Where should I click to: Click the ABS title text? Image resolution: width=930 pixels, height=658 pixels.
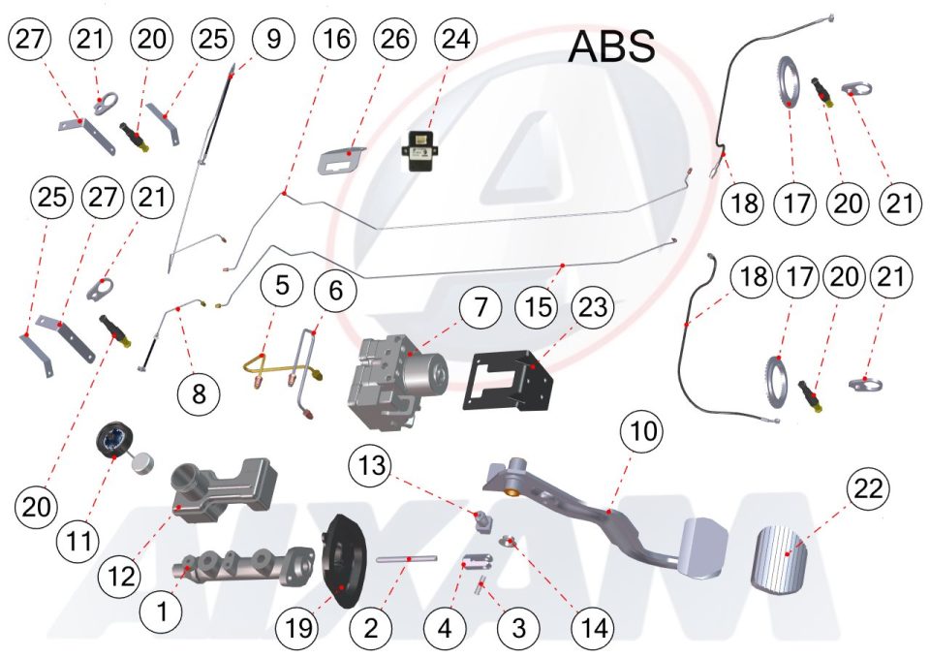611,47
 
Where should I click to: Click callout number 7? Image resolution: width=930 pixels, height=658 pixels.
480,307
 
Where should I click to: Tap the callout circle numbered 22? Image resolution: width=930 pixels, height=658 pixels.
868,489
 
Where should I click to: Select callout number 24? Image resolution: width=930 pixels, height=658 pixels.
455,40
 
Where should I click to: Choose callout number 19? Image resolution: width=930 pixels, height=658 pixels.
298,628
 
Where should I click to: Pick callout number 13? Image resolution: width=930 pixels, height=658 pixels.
372,465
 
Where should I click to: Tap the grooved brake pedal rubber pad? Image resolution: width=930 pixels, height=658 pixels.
780,558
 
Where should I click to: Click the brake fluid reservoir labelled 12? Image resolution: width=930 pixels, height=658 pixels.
223,490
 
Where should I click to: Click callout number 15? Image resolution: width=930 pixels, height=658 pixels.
538,307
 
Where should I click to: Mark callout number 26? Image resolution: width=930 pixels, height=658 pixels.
394,40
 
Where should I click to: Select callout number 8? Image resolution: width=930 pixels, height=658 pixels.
199,392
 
